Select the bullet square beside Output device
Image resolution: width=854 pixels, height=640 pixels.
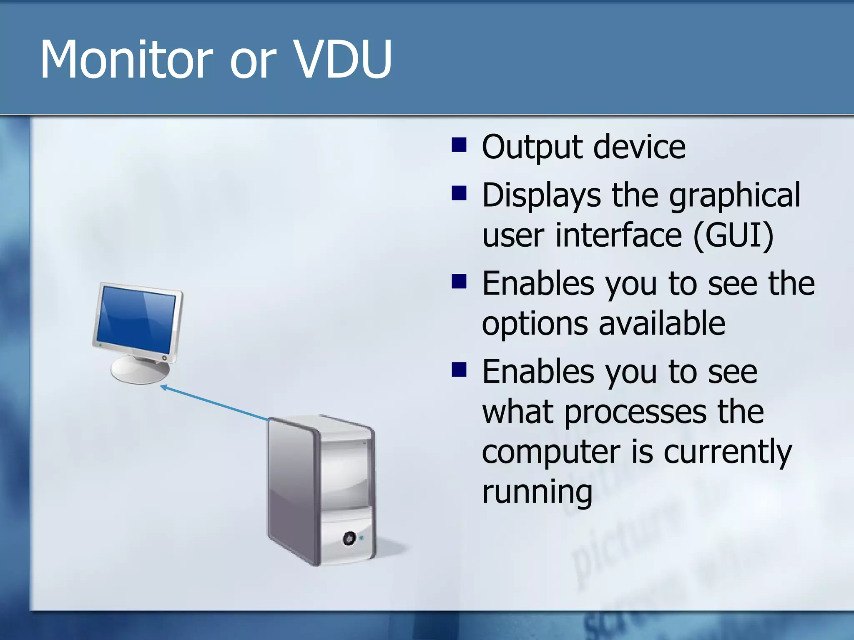(x=459, y=145)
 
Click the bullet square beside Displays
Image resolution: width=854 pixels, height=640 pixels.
(x=459, y=193)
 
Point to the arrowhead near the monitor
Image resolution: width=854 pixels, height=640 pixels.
(x=164, y=388)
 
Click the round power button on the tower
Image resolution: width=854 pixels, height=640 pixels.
(x=349, y=538)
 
